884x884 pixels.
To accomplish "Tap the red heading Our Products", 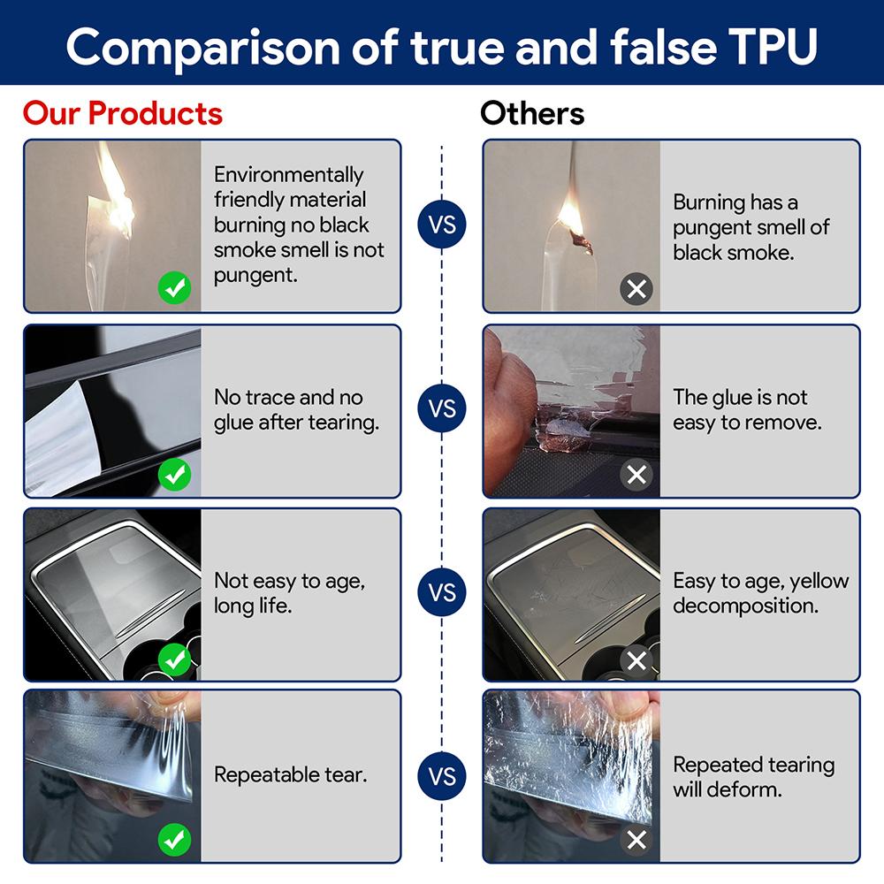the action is click(123, 113).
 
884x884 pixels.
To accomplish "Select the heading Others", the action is click(532, 113).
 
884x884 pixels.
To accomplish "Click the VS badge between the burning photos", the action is click(442, 225).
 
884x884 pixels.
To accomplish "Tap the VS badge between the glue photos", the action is click(442, 408).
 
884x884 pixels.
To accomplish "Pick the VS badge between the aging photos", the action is click(442, 592).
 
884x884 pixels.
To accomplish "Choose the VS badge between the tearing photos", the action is click(442, 776).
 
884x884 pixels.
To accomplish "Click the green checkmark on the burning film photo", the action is click(174, 288).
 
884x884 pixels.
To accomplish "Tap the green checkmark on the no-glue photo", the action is click(174, 474).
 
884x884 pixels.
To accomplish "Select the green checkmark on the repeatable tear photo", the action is click(174, 840).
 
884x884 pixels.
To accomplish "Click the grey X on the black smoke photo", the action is click(636, 289).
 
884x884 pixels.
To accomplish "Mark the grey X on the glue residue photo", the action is click(636, 474).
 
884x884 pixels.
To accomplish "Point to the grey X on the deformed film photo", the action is click(636, 840).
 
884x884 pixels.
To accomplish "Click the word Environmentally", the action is click(289, 175).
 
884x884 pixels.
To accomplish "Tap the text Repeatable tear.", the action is click(290, 774).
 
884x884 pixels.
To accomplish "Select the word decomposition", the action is click(745, 606).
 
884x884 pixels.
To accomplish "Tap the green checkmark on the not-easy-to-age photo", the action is click(174, 659).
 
